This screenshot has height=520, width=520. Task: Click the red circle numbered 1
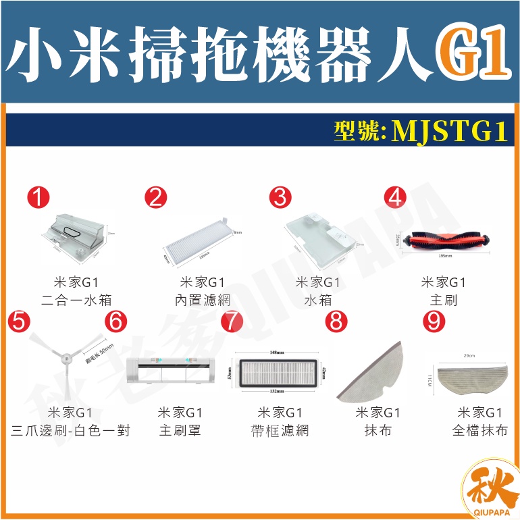coord(41,197)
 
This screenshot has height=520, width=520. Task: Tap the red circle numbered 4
coord(395,197)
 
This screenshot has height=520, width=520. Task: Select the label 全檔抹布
coord(479,430)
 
